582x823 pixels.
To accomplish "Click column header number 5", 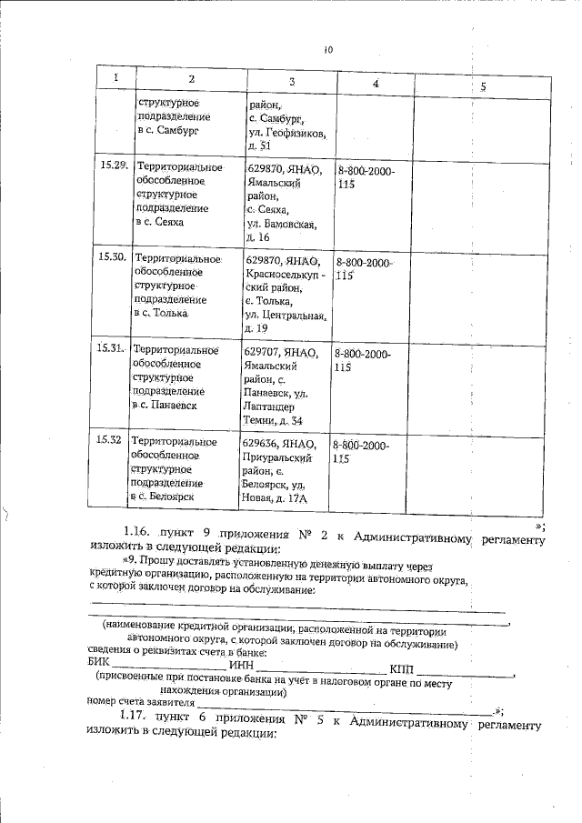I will coord(483,86).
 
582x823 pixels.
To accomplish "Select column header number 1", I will coord(115,79).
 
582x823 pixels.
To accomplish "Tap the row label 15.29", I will coord(113,165).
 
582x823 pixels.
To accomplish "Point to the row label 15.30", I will coord(112,258).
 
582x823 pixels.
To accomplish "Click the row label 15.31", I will coord(111,348).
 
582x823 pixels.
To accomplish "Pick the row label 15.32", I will coord(110,441).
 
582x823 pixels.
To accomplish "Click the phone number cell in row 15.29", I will coord(366,176).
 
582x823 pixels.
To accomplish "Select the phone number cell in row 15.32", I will coord(360,452).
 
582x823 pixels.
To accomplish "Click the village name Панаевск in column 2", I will coord(170,405).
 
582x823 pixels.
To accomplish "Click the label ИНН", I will coord(241,667).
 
